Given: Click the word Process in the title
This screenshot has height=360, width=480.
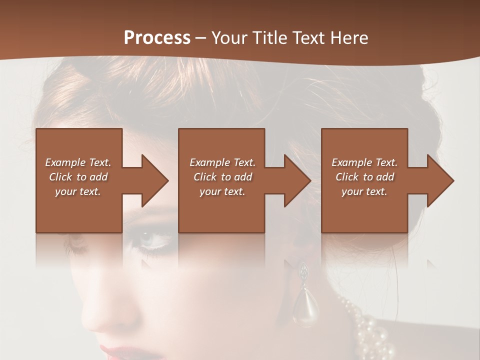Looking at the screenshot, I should (157, 38).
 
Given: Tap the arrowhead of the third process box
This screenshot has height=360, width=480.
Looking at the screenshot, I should (439, 180).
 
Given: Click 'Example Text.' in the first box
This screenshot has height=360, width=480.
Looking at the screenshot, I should (78, 162).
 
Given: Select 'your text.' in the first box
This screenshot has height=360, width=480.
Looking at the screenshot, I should (78, 191).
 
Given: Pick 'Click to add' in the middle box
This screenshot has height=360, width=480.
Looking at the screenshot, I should (222, 177).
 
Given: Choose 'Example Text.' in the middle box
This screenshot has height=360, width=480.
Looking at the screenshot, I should (222, 162).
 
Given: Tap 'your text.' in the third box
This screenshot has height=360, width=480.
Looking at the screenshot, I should (364, 191).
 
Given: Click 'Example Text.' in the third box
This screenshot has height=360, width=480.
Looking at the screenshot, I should (364, 162).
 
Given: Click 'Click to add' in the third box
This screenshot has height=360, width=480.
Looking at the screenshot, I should (364, 177).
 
